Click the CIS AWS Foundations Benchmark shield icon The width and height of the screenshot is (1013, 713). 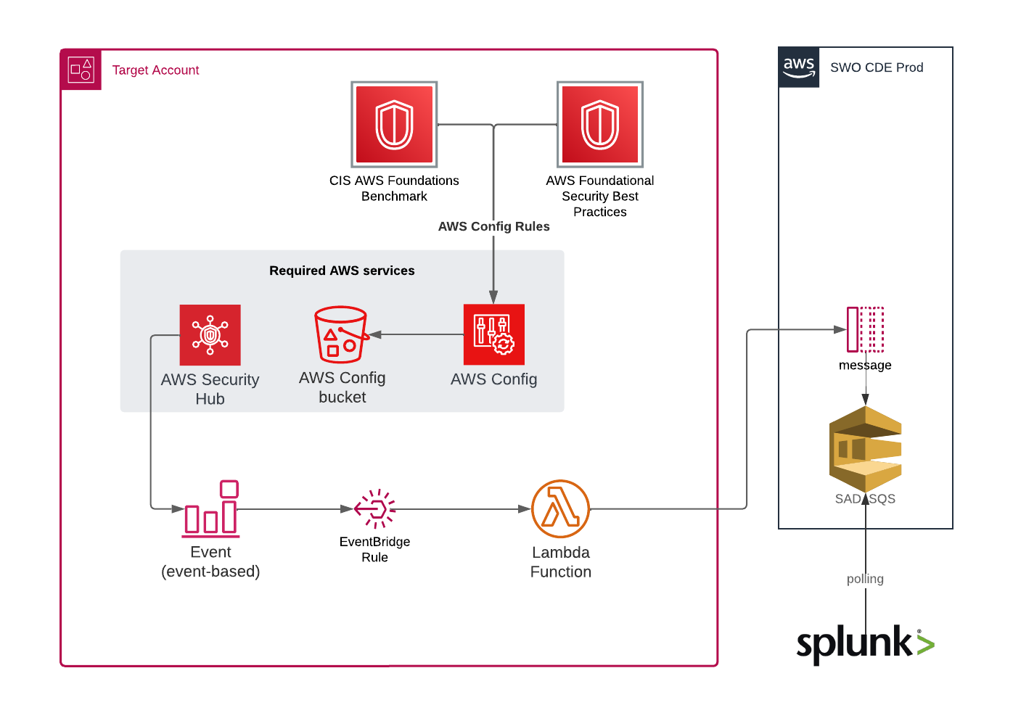(x=394, y=125)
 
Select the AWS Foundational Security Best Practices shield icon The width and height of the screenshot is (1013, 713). (x=600, y=125)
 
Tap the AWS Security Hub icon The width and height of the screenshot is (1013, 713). (x=210, y=335)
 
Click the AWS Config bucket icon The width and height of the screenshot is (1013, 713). (x=341, y=334)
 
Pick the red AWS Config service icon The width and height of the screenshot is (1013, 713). (x=493, y=334)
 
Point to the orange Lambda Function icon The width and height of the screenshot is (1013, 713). (x=560, y=508)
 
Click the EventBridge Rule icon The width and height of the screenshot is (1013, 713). (x=375, y=508)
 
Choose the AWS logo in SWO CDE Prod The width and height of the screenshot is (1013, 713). (x=799, y=67)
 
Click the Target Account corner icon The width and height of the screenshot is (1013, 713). (x=81, y=70)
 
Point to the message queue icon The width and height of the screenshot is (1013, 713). (x=865, y=329)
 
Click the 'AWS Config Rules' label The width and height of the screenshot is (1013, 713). (x=493, y=226)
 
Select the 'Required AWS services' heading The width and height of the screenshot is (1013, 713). (x=342, y=271)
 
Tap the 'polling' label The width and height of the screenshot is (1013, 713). (x=865, y=579)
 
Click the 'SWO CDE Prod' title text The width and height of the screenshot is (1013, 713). (x=877, y=67)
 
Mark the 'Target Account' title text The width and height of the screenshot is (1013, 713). (x=155, y=70)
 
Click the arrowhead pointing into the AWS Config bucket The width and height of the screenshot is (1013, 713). (x=376, y=334)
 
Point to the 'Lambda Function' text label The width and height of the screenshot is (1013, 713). (x=560, y=562)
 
